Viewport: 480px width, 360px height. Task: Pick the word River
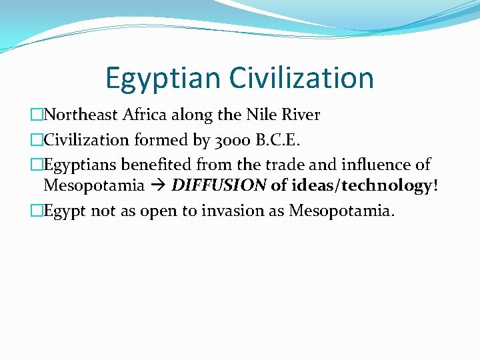point(301,115)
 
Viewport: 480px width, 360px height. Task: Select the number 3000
point(225,139)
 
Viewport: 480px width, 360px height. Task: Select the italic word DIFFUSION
point(219,185)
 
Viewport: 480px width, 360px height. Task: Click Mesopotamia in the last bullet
point(341,211)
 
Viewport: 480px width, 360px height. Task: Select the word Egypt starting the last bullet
point(65,211)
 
